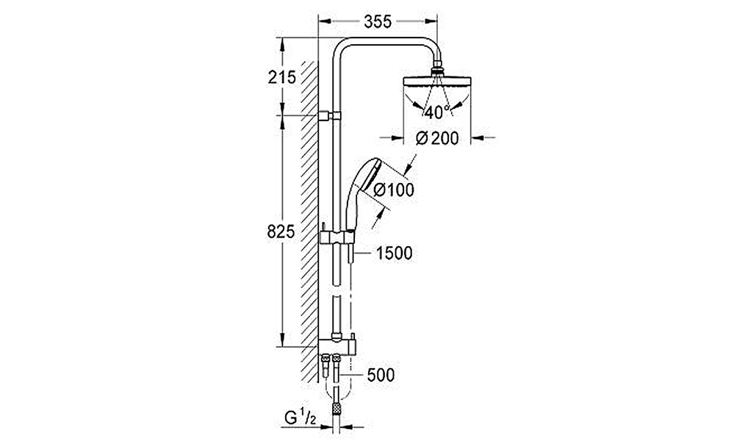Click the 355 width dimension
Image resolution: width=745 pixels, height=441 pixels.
(x=378, y=21)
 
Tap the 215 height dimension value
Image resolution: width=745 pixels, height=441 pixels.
(x=281, y=77)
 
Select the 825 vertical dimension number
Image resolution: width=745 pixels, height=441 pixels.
(x=281, y=232)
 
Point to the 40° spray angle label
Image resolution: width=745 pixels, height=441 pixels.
(x=437, y=112)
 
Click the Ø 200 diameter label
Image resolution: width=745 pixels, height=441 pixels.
(x=437, y=138)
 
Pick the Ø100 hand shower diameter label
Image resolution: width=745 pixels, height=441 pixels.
(x=394, y=190)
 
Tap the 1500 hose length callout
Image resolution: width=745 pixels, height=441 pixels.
(x=395, y=254)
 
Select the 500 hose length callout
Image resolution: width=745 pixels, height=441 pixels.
(x=381, y=375)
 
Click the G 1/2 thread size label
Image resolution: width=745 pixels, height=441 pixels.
(x=300, y=417)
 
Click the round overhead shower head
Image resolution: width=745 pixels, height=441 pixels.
(x=436, y=82)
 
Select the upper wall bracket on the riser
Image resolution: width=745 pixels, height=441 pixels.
(x=330, y=115)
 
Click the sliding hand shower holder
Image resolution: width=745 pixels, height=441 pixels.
(x=336, y=237)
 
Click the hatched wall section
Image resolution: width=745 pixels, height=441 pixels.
(x=309, y=221)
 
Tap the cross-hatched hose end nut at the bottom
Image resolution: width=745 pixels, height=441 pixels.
(x=336, y=408)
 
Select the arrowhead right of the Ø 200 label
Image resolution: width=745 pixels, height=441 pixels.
(x=478, y=138)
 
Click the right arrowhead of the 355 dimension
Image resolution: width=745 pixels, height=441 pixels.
(x=431, y=21)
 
